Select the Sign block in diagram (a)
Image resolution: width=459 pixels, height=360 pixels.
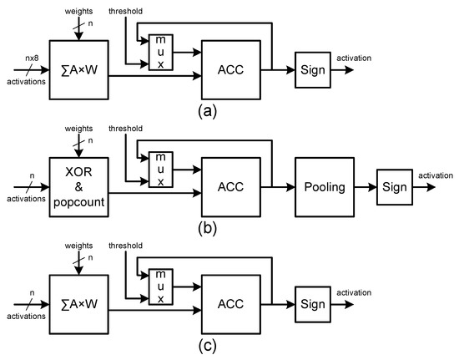pyautogui.click(x=313, y=71)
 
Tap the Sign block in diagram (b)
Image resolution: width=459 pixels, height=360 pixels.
pyautogui.click(x=393, y=187)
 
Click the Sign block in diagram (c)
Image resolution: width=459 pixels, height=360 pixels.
pyautogui.click(x=313, y=303)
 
